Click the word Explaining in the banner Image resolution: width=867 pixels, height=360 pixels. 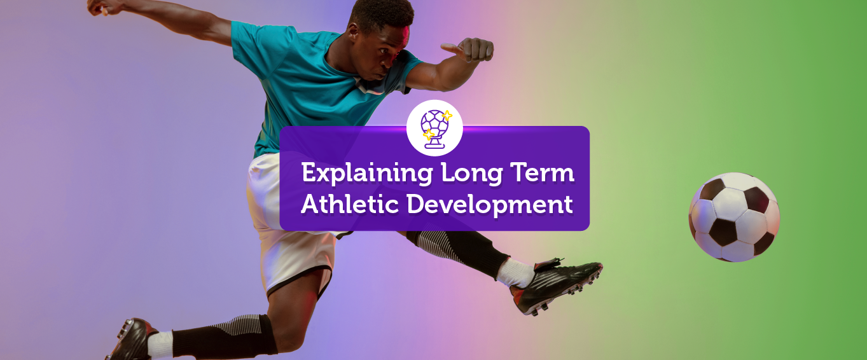pyautogui.click(x=367, y=173)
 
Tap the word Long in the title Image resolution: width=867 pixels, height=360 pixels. pyautogui.click(x=471, y=173)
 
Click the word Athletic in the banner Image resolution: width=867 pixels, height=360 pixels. pyautogui.click(x=350, y=204)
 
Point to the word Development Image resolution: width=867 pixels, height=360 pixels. pyautogui.click(x=490, y=204)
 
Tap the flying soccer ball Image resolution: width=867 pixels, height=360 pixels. pyautogui.click(x=734, y=217)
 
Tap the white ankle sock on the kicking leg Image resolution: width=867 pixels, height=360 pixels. pyautogui.click(x=515, y=273)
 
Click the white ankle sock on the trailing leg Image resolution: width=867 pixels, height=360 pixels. pyautogui.click(x=160, y=345)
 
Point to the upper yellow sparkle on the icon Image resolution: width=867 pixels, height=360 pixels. pyautogui.click(x=447, y=115)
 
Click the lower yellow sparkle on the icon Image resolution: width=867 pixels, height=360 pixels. pyautogui.click(x=429, y=135)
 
